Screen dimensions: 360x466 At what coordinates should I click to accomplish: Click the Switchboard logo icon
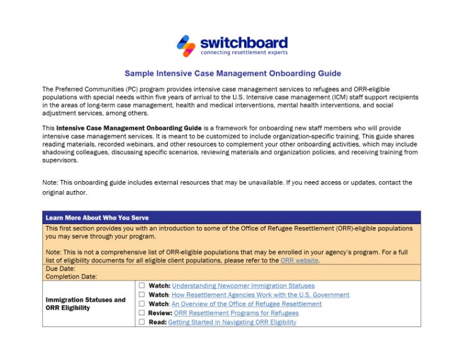click(x=186, y=45)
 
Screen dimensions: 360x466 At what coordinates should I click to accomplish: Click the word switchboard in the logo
click(x=244, y=42)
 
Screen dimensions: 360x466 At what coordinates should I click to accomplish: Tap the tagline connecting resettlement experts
click(x=244, y=53)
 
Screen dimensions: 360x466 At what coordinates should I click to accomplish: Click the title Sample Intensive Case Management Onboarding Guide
click(x=232, y=73)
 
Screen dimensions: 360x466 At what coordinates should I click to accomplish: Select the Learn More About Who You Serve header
click(x=97, y=218)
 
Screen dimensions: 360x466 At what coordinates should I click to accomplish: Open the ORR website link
click(x=299, y=261)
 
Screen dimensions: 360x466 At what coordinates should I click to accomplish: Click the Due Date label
click(x=61, y=269)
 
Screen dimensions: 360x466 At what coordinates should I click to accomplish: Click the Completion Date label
click(x=71, y=277)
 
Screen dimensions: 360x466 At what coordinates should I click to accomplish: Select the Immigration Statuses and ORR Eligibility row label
click(x=86, y=304)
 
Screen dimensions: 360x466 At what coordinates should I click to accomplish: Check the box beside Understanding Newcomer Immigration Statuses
click(x=142, y=286)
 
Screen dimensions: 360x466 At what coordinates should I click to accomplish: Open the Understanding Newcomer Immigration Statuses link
click(x=243, y=286)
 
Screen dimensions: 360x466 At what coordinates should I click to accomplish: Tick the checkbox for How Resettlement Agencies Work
click(x=142, y=295)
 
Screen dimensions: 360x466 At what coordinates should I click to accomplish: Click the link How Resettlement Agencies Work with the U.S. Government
click(x=260, y=295)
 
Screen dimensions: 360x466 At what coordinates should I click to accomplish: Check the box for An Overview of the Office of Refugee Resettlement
click(x=142, y=304)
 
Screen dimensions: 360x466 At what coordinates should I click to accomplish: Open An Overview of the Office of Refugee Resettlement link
click(x=247, y=304)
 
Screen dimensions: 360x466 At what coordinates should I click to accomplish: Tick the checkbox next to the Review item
click(x=142, y=313)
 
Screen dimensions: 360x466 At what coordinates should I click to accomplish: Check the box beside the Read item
click(x=142, y=322)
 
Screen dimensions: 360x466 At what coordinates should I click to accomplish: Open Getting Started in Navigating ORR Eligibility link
click(x=232, y=322)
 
